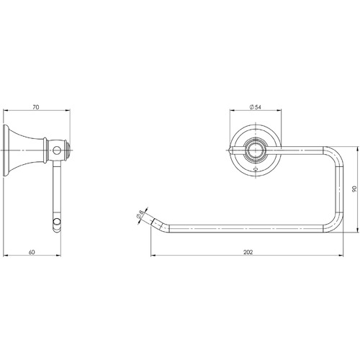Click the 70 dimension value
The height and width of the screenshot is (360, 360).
(36, 107)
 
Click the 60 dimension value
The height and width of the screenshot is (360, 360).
(32, 252)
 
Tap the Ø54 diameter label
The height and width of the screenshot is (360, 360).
(255, 107)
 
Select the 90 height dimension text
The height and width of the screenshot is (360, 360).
(354, 189)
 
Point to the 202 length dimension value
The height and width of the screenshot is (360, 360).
(248, 252)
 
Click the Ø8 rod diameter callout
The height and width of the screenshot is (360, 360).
(140, 214)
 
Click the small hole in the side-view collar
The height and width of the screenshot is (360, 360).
(57, 150)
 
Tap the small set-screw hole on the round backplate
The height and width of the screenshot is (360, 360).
(255, 170)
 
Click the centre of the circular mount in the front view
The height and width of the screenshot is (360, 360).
(255, 150)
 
